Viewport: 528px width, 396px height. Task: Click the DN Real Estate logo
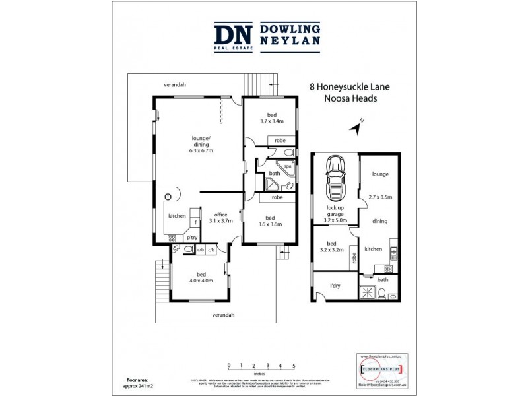(x=230, y=37)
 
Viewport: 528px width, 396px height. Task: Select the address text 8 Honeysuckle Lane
(x=350, y=86)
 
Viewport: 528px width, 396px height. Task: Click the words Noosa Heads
(x=350, y=98)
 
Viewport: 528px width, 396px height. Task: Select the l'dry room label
(x=335, y=286)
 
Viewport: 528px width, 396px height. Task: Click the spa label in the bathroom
(x=287, y=167)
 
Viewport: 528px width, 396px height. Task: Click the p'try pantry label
(x=192, y=237)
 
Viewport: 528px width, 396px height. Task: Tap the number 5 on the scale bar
(x=294, y=365)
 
